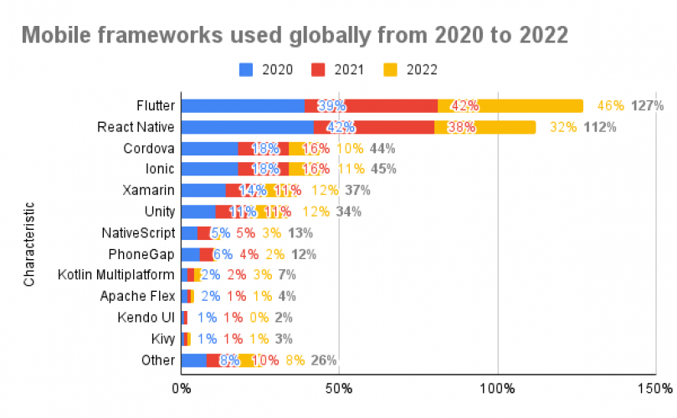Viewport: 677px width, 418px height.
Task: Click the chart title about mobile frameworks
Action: tap(294, 35)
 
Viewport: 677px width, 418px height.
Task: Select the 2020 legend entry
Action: tap(266, 69)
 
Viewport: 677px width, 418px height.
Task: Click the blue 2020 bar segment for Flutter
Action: tap(243, 105)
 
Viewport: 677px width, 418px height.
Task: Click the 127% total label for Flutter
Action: tap(648, 105)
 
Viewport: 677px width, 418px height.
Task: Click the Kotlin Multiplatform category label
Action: tap(116, 274)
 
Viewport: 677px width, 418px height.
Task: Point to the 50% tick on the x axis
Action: tap(339, 389)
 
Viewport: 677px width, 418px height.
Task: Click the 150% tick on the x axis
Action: tap(656, 389)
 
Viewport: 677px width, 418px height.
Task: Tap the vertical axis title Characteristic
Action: tap(29, 243)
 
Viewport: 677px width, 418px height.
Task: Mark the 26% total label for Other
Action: tap(323, 360)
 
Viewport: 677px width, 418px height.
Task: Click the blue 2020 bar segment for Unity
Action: tap(198, 212)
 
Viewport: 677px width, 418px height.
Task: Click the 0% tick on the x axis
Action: tap(181, 389)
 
